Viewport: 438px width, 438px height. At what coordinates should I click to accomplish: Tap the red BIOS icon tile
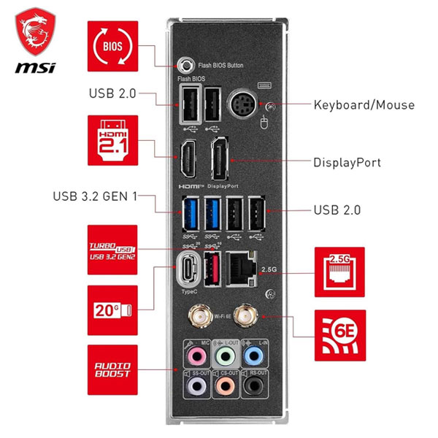(112, 45)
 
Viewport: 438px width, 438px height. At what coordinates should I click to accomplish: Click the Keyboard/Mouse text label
(364, 105)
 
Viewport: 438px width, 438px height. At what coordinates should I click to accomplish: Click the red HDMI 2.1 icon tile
(112, 138)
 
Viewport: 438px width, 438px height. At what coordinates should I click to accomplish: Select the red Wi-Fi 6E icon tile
(338, 335)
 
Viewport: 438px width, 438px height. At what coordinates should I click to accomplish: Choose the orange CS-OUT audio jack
(224, 384)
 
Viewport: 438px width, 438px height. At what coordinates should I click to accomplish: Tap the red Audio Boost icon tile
(112, 371)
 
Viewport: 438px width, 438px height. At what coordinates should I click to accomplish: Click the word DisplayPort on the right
(347, 162)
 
